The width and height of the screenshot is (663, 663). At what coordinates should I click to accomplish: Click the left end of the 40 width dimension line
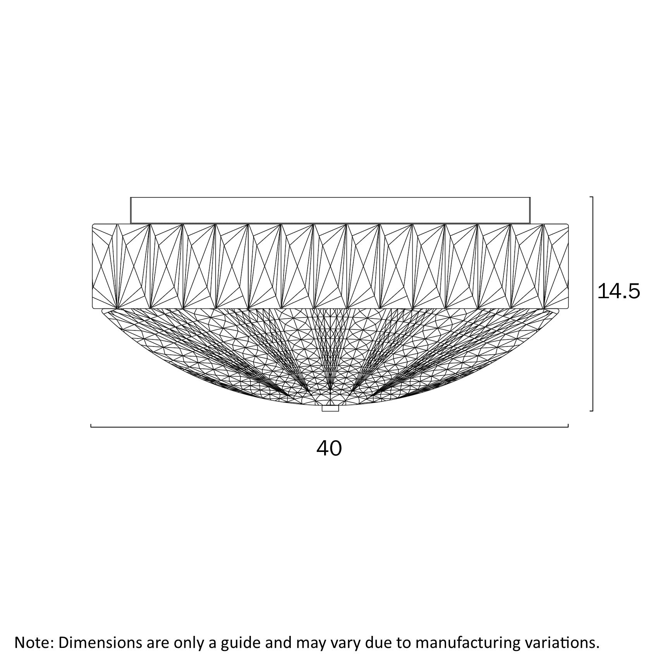[x=91, y=427]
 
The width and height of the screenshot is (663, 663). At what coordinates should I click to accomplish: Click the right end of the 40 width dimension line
[x=568, y=427]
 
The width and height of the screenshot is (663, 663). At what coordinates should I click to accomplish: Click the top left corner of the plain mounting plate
[x=131, y=198]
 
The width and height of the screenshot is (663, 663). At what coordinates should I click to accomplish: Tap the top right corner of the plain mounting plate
[x=530, y=198]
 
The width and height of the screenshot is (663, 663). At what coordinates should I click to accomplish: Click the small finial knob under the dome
[x=330, y=408]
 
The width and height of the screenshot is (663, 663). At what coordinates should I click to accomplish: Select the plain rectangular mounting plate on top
[x=330, y=210]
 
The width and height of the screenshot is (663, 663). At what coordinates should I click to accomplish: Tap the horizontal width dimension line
[x=330, y=427]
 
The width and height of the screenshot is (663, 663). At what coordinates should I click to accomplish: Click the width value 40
[x=330, y=448]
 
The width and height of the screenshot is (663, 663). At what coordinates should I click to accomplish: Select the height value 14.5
[x=619, y=291]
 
